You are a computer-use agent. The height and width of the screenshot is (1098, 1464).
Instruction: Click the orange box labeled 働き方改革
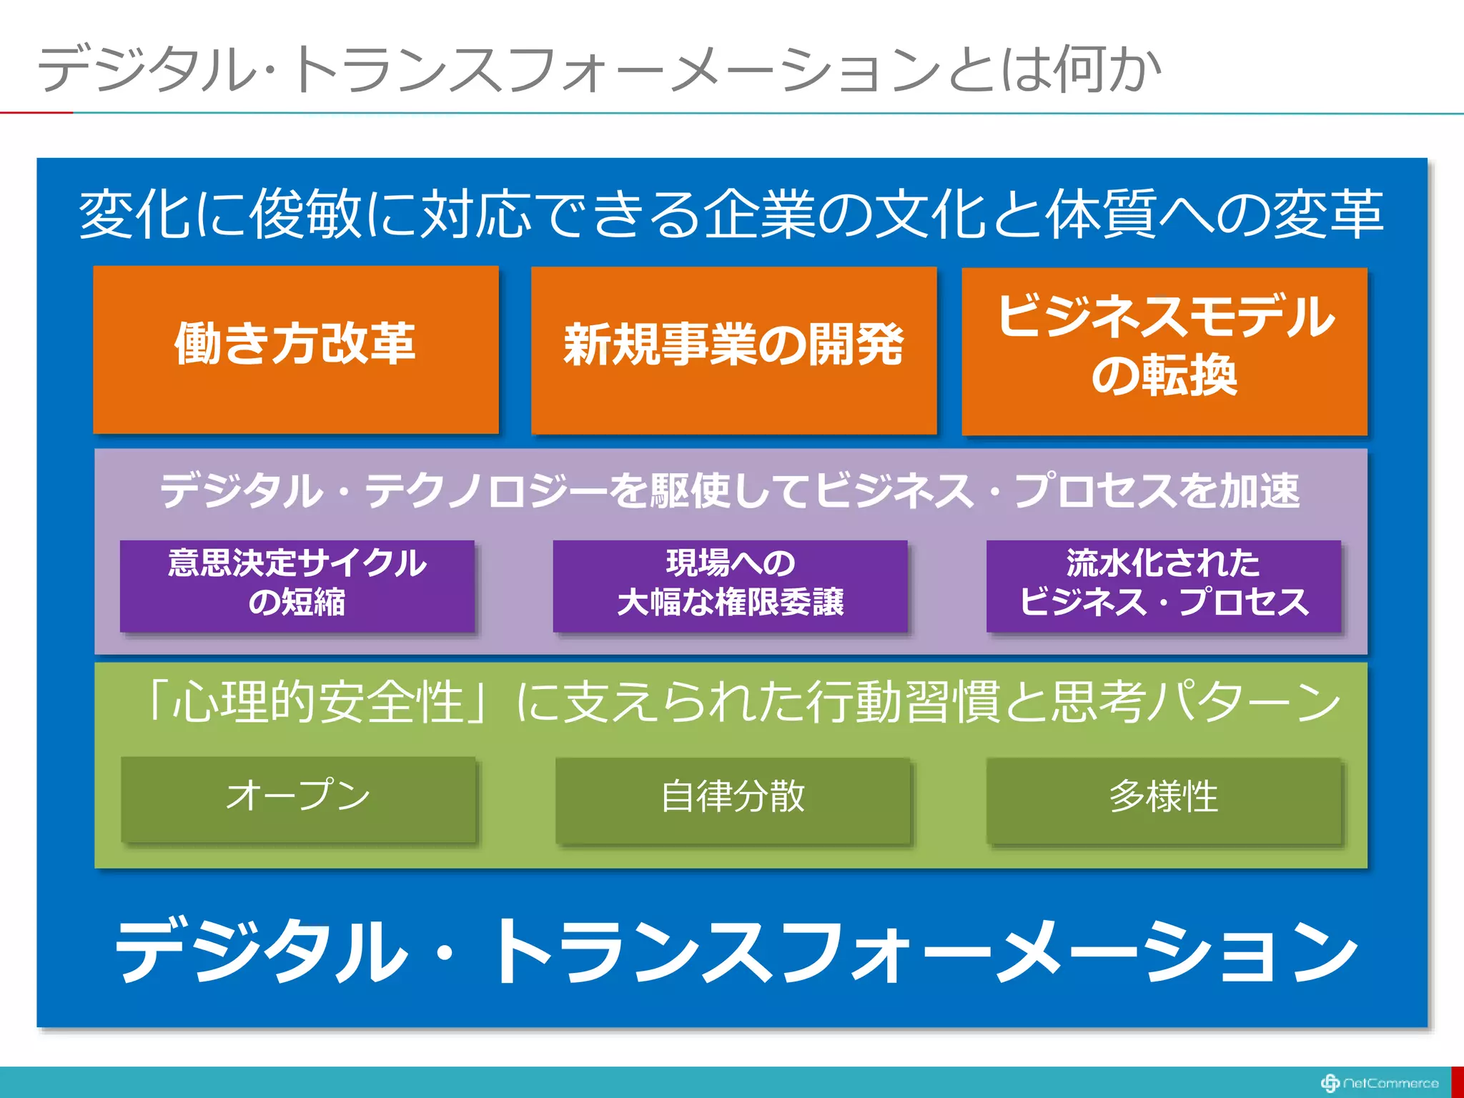click(x=295, y=349)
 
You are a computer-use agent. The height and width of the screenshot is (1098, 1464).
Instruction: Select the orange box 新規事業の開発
click(x=733, y=350)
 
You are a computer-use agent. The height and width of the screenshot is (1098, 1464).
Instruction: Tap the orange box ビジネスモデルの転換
click(x=1164, y=350)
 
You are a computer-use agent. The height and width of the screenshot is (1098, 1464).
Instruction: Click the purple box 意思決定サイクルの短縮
click(x=297, y=585)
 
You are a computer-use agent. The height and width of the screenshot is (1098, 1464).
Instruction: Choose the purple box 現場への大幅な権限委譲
click(x=730, y=585)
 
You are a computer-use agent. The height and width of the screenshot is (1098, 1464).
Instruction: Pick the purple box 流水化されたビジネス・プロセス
click(x=1163, y=585)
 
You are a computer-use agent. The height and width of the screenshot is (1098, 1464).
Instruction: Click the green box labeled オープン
click(x=298, y=798)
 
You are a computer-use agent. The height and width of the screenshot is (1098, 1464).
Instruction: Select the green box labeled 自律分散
click(x=733, y=799)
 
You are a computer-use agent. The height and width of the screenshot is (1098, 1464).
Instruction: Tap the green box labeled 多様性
click(x=1164, y=799)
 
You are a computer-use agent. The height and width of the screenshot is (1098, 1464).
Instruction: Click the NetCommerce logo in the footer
click(x=1379, y=1083)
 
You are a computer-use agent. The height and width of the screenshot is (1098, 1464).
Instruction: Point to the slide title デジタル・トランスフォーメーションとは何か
click(x=599, y=70)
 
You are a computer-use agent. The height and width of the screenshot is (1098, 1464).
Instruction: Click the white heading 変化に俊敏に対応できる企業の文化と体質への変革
click(x=731, y=214)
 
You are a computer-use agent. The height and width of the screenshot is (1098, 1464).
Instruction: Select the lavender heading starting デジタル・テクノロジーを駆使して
click(x=730, y=490)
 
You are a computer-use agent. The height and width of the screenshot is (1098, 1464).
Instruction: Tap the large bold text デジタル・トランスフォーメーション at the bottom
click(x=736, y=951)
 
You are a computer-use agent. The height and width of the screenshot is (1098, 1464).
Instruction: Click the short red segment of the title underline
click(x=36, y=112)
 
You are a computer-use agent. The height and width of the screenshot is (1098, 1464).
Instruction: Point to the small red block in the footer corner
click(x=1458, y=1082)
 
